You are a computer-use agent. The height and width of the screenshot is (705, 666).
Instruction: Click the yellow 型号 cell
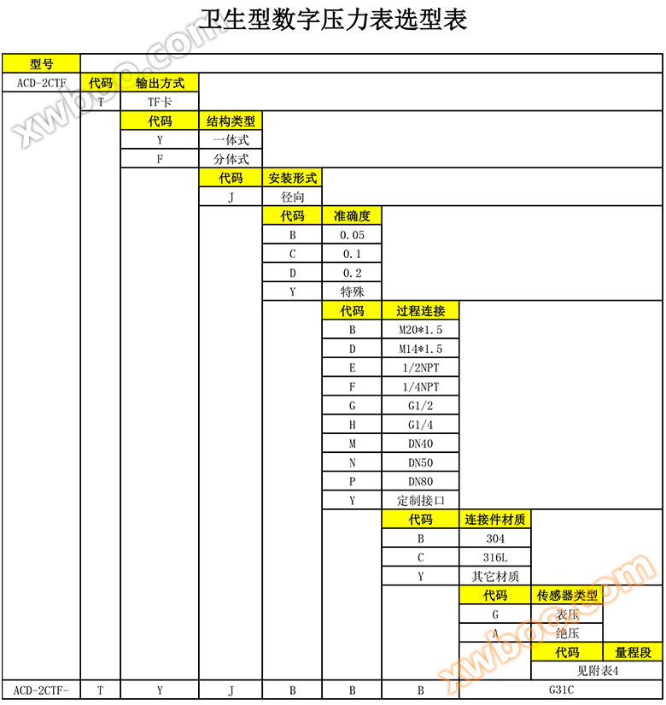point(41,63)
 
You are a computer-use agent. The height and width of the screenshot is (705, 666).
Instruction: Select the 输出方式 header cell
point(160,83)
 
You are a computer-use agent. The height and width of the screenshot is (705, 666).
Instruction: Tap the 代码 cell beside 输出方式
point(101,83)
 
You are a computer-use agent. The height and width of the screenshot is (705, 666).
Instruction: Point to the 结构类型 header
point(231,121)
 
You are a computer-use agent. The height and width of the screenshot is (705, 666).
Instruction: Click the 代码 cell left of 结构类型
point(160,121)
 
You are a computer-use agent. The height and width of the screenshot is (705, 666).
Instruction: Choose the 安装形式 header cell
point(292,178)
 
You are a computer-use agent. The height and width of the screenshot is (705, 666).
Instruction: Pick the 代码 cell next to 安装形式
point(231,178)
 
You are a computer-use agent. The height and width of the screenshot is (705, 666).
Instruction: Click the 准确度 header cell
point(352,215)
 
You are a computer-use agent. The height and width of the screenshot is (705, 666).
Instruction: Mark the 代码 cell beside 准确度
point(292,215)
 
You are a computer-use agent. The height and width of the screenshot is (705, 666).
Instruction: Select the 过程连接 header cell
point(420,310)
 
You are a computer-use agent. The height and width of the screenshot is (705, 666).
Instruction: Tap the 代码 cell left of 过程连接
point(352,310)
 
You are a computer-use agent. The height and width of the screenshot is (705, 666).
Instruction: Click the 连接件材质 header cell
point(495,519)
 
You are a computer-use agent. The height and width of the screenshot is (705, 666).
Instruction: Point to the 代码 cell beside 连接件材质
point(420,519)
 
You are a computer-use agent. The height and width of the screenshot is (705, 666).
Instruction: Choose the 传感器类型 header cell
point(567,595)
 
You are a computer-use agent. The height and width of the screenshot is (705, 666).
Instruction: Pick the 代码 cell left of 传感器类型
point(495,595)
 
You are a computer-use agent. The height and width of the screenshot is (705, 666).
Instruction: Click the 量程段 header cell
point(633,652)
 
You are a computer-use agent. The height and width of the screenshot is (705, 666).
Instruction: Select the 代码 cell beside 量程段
point(567,652)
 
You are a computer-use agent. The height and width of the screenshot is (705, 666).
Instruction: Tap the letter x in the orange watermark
point(455,675)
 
